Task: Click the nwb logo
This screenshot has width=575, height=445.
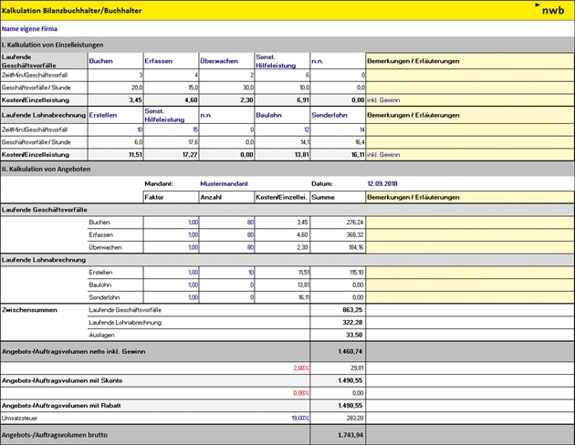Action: (x=551, y=10)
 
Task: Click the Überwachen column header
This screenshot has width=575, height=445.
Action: (x=219, y=61)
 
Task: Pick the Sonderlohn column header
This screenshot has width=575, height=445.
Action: (x=329, y=116)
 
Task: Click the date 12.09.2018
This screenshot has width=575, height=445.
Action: (x=384, y=183)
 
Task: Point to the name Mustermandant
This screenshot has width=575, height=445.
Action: (x=224, y=183)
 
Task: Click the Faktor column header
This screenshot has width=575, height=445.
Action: (x=154, y=196)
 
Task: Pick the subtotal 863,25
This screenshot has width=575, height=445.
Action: (x=352, y=310)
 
